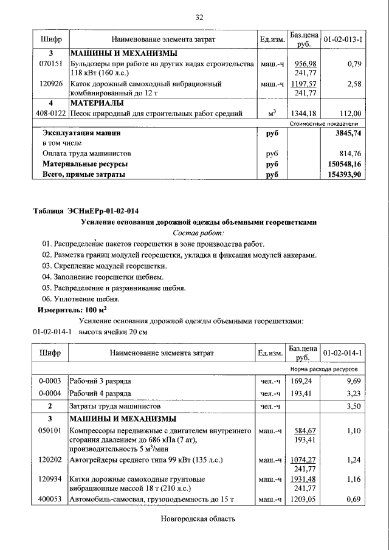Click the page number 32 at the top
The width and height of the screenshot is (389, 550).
tap(199, 17)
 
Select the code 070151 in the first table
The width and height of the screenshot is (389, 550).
tap(50, 64)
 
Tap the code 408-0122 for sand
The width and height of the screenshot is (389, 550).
tap(50, 113)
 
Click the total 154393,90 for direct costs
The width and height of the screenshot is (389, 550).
tap(344, 174)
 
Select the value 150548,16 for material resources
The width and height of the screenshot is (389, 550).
tap(344, 164)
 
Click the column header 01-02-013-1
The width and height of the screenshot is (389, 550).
tap(343, 40)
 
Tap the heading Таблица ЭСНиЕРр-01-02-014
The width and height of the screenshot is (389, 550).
tap(86, 211)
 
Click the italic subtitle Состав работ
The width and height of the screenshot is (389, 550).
tap(199, 233)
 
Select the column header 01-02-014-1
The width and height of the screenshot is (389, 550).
tap(343, 353)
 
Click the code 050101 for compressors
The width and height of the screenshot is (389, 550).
tap(50, 430)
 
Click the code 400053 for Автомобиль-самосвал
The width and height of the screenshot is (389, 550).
tap(50, 500)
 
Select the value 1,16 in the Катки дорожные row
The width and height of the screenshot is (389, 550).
tap(354, 480)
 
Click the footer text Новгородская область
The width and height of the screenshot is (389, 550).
tap(198, 519)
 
